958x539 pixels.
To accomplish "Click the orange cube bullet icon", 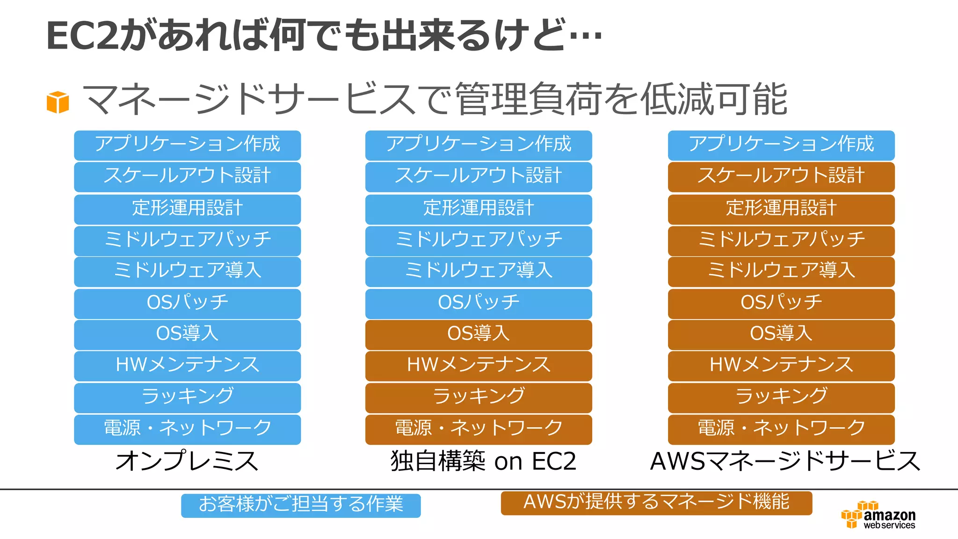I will pyautogui.click(x=58, y=102).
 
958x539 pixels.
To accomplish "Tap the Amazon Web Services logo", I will pyautogui.click(x=878, y=516).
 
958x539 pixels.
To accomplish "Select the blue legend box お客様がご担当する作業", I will pyautogui.click(x=301, y=505).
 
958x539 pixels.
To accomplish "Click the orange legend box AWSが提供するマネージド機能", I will pyautogui.click(x=656, y=503).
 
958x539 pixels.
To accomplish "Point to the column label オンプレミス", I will pyautogui.click(x=187, y=461).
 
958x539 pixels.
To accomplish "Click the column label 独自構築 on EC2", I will pyautogui.click(x=483, y=461).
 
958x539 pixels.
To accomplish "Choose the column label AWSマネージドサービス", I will pyautogui.click(x=785, y=461).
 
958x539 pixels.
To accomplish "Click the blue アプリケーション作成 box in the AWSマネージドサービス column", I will pyautogui.click(x=781, y=145).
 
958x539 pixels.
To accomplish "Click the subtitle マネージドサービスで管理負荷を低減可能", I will pyautogui.click(x=435, y=99).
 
